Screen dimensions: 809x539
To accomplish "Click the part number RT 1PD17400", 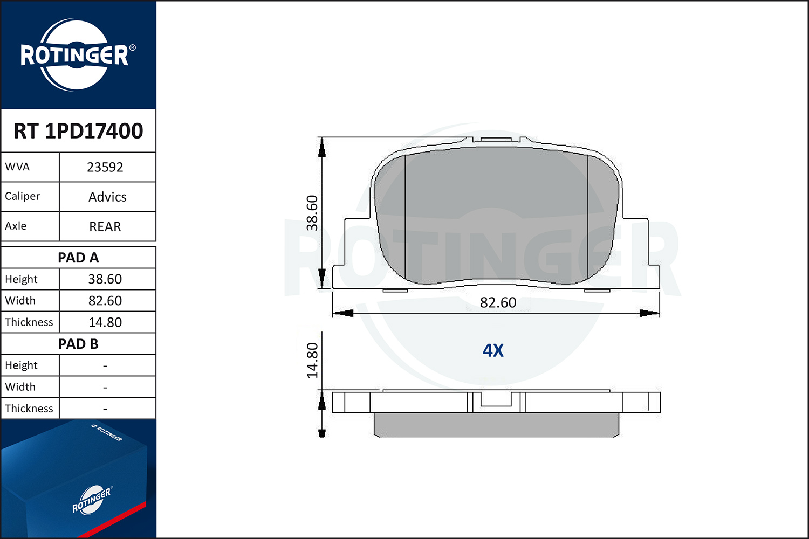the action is point(78,130).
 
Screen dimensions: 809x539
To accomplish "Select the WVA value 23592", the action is point(105,167).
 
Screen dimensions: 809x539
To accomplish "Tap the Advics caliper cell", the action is point(107,197).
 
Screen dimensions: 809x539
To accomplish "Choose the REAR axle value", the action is point(105,226).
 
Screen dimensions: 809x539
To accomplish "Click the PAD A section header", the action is point(78,258).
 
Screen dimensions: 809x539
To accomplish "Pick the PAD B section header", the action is point(78,344).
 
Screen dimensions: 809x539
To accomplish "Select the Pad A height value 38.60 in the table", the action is point(105,279).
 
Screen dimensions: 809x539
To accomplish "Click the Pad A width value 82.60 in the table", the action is point(105,301).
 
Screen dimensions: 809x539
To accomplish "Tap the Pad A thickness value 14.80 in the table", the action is point(105,322).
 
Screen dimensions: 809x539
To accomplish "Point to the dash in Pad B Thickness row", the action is point(105,409).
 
